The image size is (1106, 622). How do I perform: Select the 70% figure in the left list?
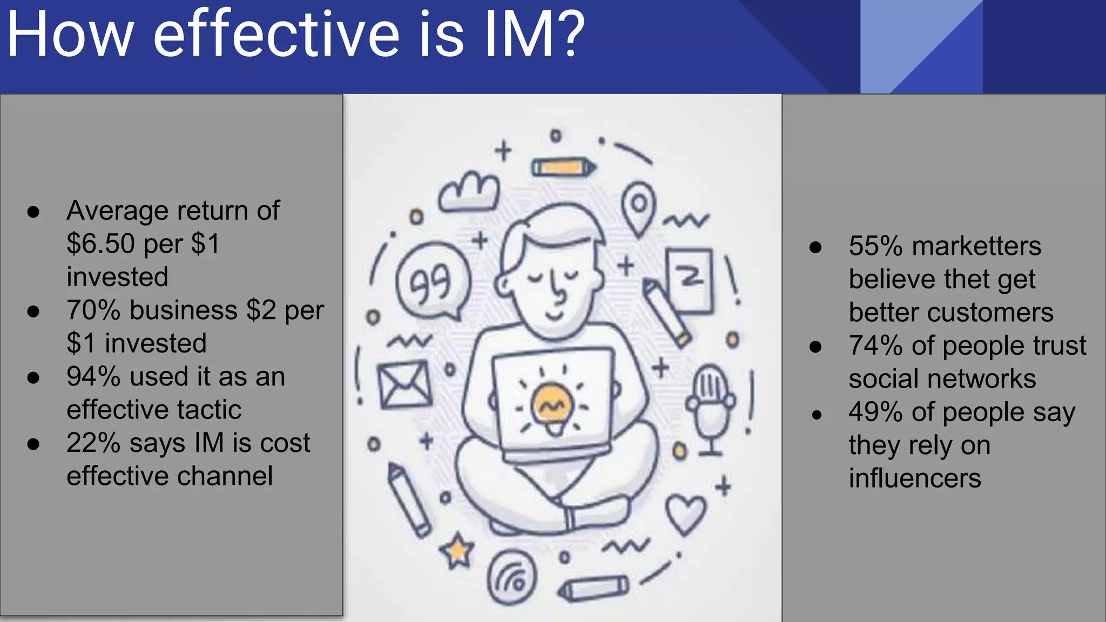point(93,310)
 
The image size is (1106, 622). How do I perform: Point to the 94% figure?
point(93,377)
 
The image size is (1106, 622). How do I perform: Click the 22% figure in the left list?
point(93,443)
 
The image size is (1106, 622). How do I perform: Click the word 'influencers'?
point(914,478)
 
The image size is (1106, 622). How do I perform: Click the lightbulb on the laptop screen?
point(551,406)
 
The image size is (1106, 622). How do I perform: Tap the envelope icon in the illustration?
point(404,384)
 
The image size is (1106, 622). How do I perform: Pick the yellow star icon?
point(457,551)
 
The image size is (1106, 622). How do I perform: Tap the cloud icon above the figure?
point(468,192)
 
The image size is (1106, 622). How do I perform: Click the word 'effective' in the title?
point(276,36)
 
